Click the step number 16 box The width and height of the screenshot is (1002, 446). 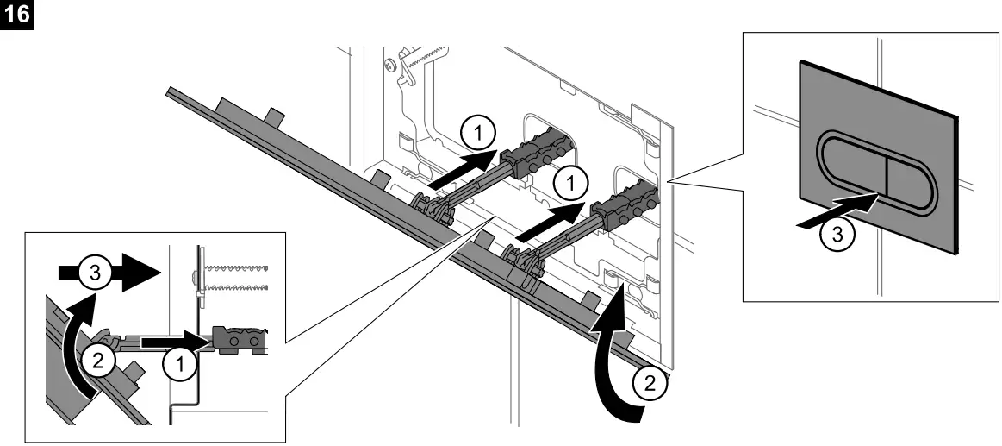15,15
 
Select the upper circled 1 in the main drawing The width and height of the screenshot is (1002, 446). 478,134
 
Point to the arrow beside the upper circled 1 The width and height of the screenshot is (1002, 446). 464,169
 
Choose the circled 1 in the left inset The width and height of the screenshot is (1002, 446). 179,364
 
